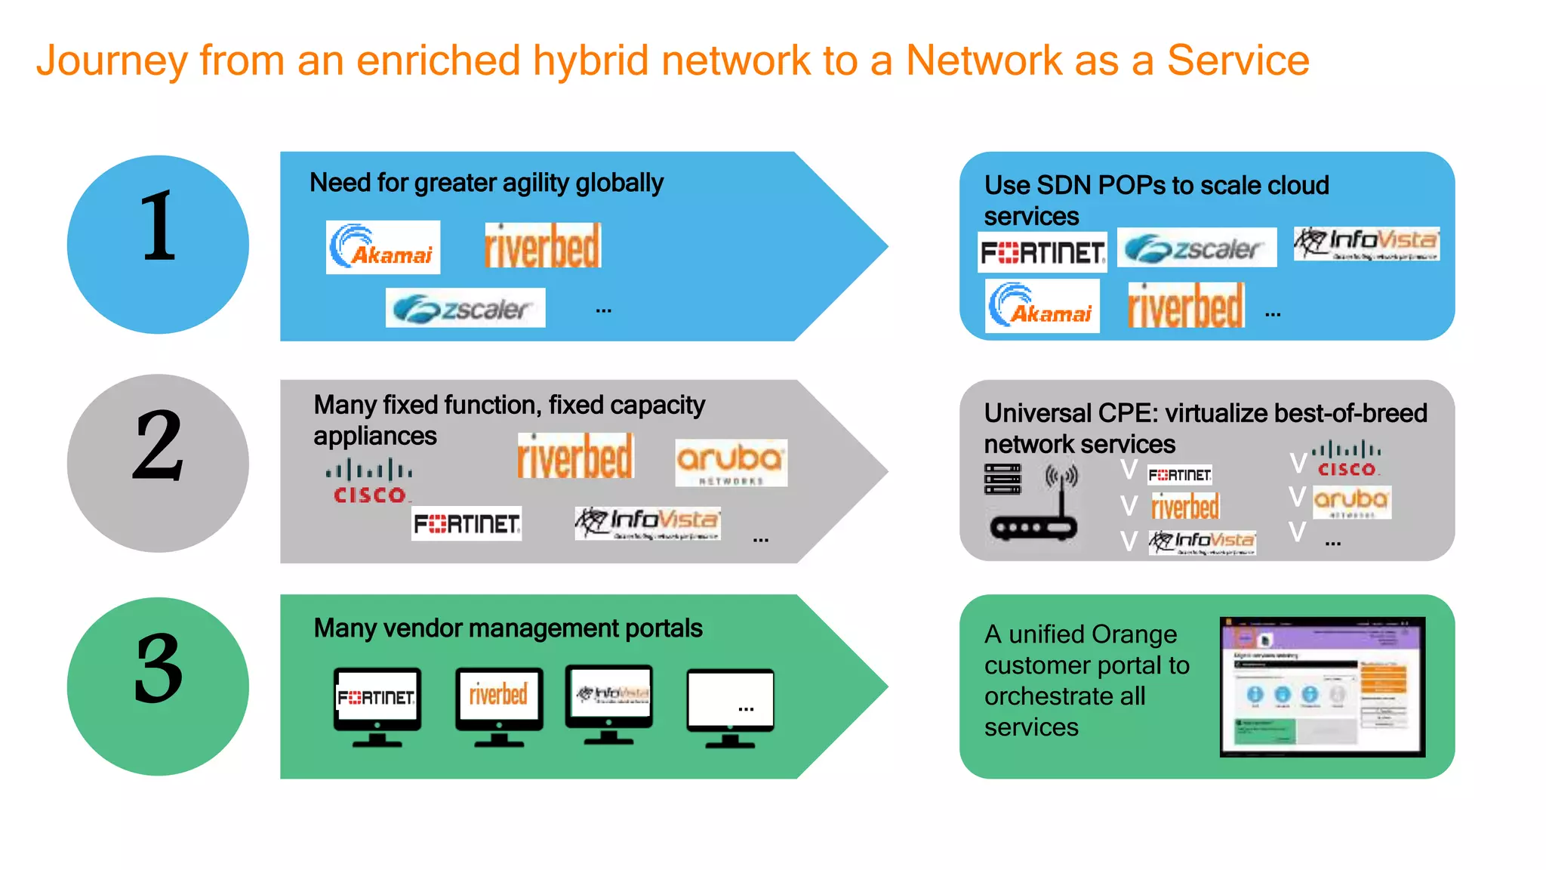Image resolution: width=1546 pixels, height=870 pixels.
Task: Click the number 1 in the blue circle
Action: pos(159,227)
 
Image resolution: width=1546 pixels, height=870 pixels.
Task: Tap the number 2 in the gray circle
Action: pos(159,446)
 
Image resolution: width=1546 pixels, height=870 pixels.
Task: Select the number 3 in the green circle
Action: pos(159,668)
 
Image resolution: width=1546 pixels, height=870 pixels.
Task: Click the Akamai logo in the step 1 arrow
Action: pos(383,247)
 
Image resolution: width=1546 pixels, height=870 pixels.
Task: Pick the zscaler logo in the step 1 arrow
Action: pos(465,308)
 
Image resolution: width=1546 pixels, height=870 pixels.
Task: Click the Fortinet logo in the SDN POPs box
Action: pos(1042,252)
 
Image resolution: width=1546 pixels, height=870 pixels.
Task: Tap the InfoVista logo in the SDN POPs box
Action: pos(1366,244)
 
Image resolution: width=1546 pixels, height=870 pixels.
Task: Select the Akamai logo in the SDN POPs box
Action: pos(1042,306)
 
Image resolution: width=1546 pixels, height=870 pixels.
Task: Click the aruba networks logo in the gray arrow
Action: pos(731,462)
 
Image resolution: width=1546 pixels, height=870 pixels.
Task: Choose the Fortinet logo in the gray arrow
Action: pos(467,523)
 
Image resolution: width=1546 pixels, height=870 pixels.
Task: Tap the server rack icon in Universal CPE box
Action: pos(1002,479)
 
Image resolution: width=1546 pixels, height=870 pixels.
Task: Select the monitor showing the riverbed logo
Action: pos(499,704)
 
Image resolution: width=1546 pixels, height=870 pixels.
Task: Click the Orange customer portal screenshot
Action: pos(1322,686)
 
